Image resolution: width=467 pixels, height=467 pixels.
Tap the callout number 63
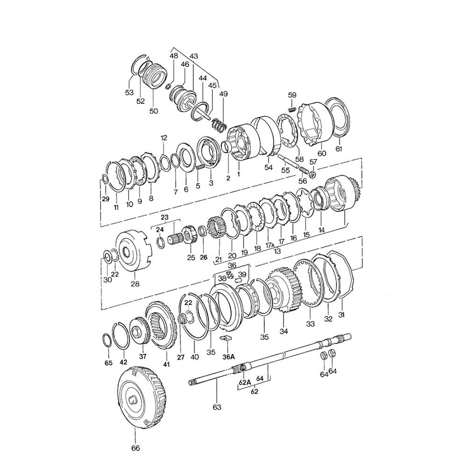pos(217,407)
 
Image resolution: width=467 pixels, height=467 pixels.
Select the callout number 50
pos(153,111)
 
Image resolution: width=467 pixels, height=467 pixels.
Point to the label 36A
pos(228,356)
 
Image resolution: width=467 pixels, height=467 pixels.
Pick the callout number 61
pos(339,149)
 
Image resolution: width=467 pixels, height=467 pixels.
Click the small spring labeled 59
pos(292,109)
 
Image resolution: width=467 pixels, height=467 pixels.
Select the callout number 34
pos(284,331)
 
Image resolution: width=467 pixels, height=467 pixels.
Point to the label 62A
pos(245,382)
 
